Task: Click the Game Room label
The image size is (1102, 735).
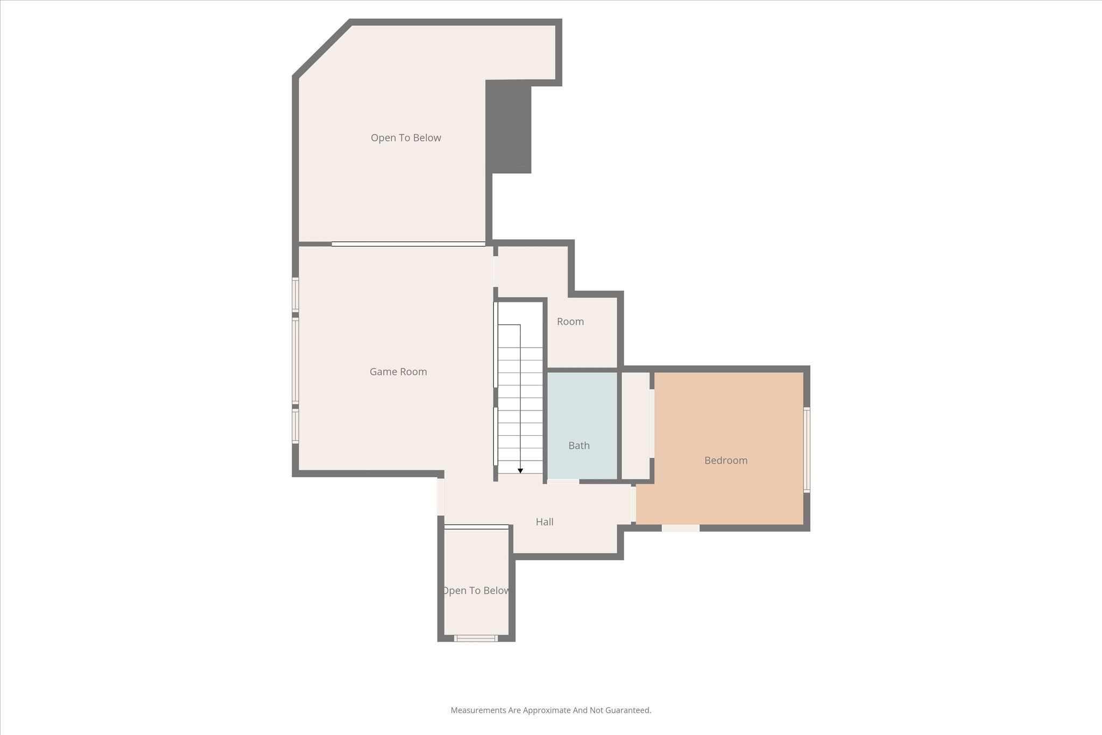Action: click(x=398, y=372)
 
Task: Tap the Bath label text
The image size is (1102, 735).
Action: click(x=579, y=446)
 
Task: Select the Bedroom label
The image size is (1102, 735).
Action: click(x=726, y=461)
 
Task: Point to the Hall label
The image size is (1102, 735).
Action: click(x=545, y=522)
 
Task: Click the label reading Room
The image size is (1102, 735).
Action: click(x=570, y=322)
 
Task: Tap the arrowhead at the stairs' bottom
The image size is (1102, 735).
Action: click(x=520, y=471)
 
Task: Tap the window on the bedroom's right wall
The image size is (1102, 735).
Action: click(x=807, y=450)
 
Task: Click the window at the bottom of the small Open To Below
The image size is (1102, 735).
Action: click(x=476, y=638)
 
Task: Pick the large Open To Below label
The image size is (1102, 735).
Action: click(x=406, y=138)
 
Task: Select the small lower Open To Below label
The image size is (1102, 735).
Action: click(x=476, y=591)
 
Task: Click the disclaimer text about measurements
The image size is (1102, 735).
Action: click(x=550, y=710)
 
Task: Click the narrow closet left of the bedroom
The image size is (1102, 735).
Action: click(x=635, y=425)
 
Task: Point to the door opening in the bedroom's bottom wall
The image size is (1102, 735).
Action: click(x=681, y=528)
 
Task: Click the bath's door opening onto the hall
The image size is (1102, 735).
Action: click(x=563, y=482)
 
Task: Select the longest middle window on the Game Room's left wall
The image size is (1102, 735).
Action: click(x=295, y=361)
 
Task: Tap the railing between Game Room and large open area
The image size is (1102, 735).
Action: click(x=408, y=244)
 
